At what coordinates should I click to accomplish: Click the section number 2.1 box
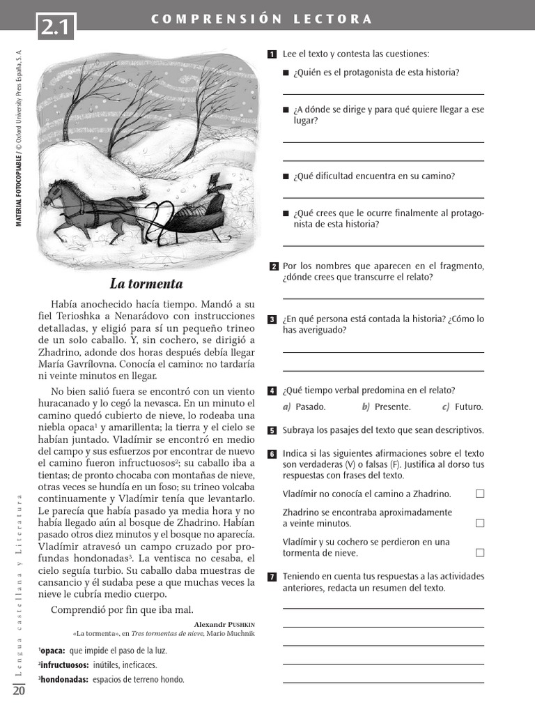tap(57, 29)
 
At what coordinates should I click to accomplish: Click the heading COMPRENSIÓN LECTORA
tap(262, 20)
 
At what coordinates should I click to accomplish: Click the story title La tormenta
tap(146, 284)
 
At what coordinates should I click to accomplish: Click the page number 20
tap(19, 690)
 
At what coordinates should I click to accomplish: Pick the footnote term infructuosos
tap(63, 665)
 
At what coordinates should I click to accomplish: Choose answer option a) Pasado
tap(304, 407)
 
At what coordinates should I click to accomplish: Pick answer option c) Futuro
tap(463, 407)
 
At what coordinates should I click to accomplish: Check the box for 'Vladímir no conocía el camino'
tap(479, 494)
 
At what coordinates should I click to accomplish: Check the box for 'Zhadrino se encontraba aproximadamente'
tap(479, 523)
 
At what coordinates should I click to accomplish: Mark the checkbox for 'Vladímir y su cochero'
tap(479, 553)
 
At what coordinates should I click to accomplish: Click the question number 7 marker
tap(272, 577)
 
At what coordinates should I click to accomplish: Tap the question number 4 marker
tap(272, 390)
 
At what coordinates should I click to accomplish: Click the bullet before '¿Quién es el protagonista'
tap(286, 73)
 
